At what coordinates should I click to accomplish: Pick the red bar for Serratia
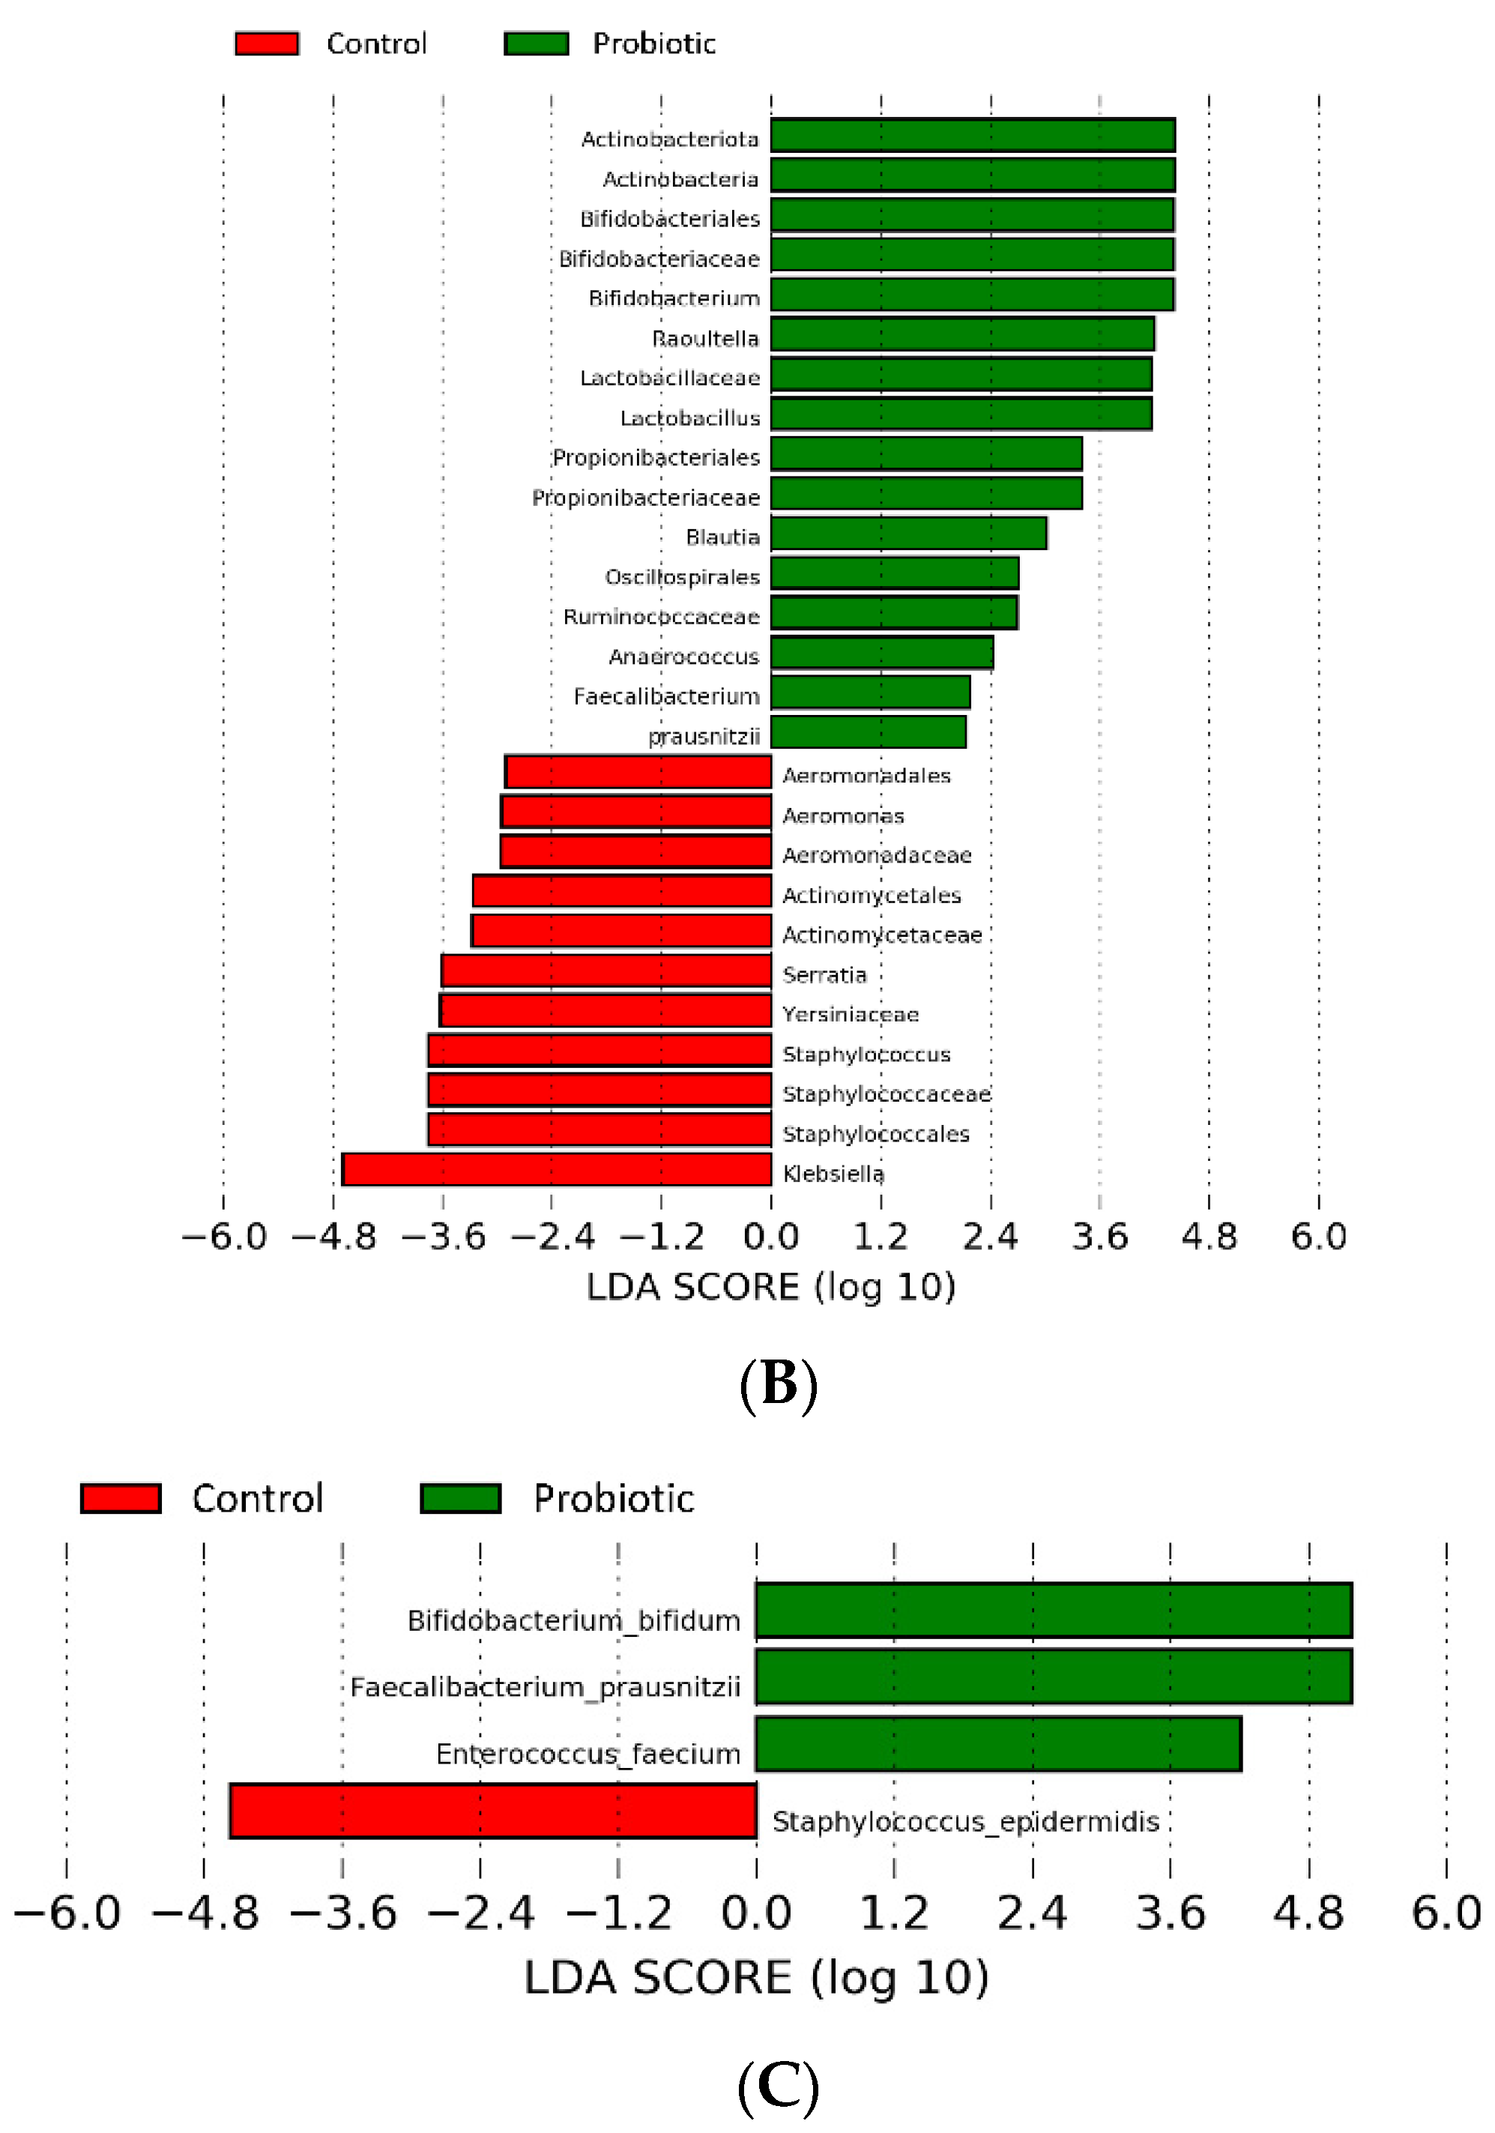click(605, 971)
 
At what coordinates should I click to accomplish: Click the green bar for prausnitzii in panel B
click(868, 732)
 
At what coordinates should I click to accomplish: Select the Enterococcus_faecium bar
click(998, 1744)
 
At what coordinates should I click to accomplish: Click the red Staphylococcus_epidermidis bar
click(492, 1811)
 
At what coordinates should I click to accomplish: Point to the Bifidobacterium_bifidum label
click(573, 1621)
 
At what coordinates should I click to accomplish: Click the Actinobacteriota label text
click(669, 139)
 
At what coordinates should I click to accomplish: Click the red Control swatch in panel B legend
click(267, 43)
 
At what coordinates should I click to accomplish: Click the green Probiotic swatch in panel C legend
click(460, 1498)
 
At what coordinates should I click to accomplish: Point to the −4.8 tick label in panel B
click(333, 1237)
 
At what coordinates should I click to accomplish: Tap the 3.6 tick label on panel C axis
click(1170, 1913)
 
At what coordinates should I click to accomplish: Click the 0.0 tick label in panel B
click(770, 1237)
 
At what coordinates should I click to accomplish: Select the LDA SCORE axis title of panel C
click(755, 1978)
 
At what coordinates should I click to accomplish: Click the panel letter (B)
click(778, 1384)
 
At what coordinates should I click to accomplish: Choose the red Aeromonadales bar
click(638, 772)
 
